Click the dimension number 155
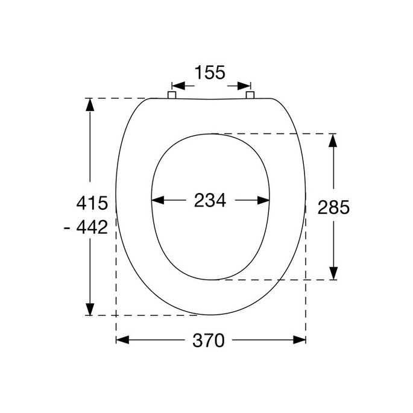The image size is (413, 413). [210, 73]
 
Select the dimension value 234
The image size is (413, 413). [210, 201]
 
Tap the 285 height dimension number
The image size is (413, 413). [333, 208]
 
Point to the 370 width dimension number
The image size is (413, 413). [209, 341]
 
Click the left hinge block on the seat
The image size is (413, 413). [171, 95]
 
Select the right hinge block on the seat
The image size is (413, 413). [251, 95]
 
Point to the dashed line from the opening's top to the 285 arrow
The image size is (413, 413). [277, 133]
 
